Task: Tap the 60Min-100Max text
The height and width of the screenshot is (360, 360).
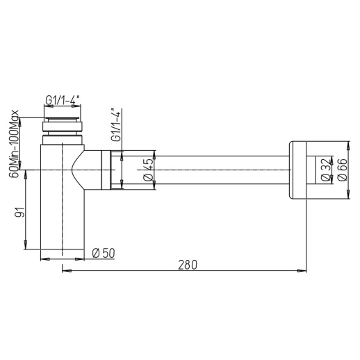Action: click(x=13, y=143)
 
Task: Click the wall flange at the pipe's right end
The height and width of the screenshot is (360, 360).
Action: click(x=297, y=169)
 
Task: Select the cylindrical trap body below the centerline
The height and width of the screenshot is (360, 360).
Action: click(x=63, y=215)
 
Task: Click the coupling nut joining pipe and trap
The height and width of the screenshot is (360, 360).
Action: click(x=111, y=169)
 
